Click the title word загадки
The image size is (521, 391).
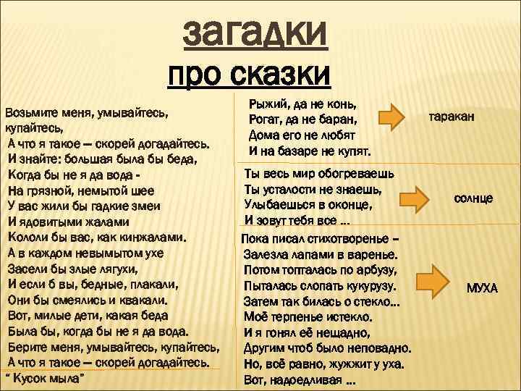[x=255, y=32]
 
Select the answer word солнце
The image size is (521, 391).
[x=473, y=197]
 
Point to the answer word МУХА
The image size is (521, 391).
[x=482, y=288]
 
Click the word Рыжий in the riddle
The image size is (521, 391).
[x=266, y=104]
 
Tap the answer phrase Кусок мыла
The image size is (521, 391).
[x=50, y=379]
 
